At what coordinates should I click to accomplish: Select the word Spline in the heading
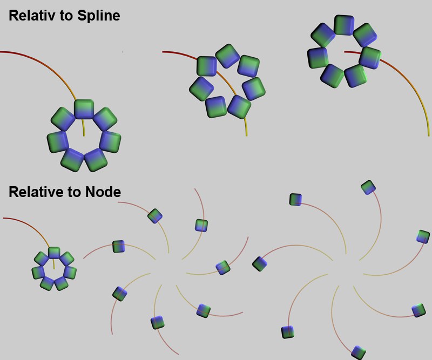(99, 16)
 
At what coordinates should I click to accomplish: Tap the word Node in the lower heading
(103, 192)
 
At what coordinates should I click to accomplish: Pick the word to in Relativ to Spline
(65, 16)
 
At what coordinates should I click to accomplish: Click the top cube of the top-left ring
(84, 110)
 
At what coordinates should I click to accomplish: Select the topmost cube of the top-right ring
(344, 25)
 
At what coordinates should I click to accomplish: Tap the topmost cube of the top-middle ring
(227, 56)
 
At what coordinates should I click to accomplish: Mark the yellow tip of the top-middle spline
(247, 135)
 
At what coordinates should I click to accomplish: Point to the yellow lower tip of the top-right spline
(428, 135)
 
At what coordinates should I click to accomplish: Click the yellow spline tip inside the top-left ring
(84, 135)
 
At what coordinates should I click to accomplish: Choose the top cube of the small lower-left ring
(54, 253)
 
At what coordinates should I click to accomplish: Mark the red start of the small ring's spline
(4, 218)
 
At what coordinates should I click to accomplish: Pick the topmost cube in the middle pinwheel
(155, 216)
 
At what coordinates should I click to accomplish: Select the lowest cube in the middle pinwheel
(158, 323)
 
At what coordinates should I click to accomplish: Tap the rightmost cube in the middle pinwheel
(223, 268)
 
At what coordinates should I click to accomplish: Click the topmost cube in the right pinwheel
(368, 187)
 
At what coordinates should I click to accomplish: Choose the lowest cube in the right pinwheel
(359, 352)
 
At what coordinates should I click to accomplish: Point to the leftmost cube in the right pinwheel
(260, 263)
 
